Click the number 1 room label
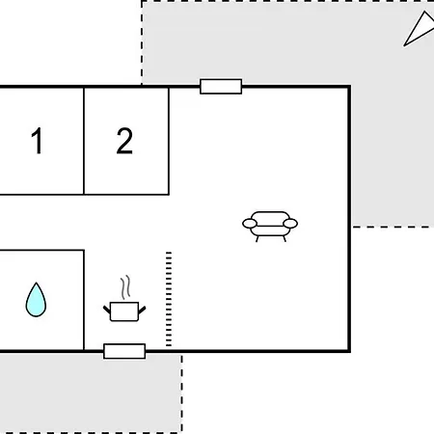38,141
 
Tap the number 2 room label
124,141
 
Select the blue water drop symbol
36,300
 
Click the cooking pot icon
124,312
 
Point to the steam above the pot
125,287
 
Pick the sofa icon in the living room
270,227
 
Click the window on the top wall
221,87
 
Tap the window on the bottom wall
124,351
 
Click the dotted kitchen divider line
169,299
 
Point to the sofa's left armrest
250,224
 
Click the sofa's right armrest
290,224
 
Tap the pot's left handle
107,310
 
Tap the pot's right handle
142,310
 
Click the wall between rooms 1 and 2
84,141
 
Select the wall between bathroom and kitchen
84,300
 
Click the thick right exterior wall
349,219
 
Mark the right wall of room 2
169,141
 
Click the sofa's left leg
258,239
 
